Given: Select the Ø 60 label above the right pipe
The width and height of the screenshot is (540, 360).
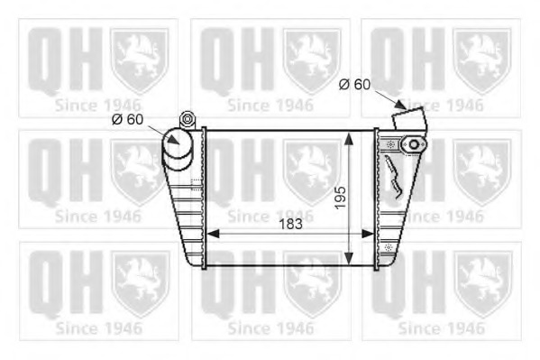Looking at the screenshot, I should pos(354,85).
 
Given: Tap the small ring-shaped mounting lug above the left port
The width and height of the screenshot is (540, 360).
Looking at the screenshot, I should pos(188,118).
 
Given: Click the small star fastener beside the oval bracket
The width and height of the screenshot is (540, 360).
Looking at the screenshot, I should pos(390,144).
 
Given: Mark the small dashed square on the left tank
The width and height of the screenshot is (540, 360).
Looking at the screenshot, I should pos(197,181).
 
